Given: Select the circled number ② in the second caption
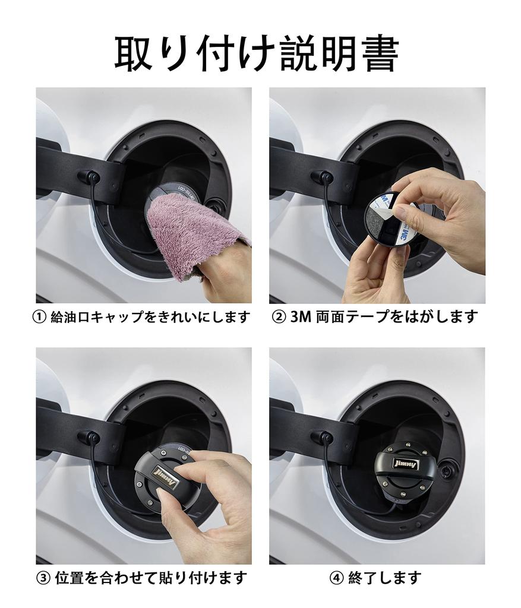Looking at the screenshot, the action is [279, 317].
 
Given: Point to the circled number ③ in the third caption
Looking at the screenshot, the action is [43, 578].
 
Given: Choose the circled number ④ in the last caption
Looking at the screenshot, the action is [337, 578].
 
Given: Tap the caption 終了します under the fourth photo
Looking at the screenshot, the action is [384, 578].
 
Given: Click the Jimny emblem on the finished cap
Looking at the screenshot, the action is [405, 464].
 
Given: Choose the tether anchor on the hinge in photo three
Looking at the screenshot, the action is [90, 438].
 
